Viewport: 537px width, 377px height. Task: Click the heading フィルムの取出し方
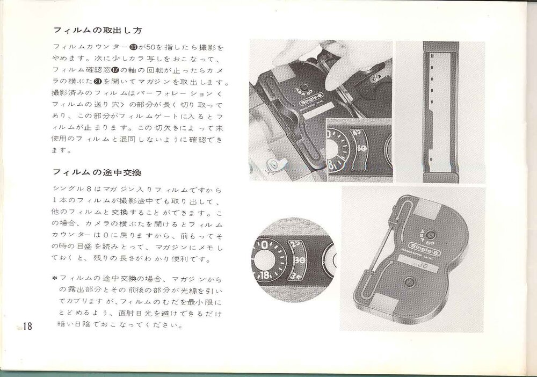click(x=98, y=31)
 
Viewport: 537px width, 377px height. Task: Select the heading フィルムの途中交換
click(x=97, y=172)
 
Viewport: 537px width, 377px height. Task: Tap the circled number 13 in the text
click(x=133, y=47)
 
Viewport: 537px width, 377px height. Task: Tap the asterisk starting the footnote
click(x=55, y=278)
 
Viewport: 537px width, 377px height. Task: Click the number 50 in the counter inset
click(x=361, y=149)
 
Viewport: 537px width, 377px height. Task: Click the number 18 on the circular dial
click(x=265, y=275)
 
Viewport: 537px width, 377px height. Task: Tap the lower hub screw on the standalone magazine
click(x=410, y=282)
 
